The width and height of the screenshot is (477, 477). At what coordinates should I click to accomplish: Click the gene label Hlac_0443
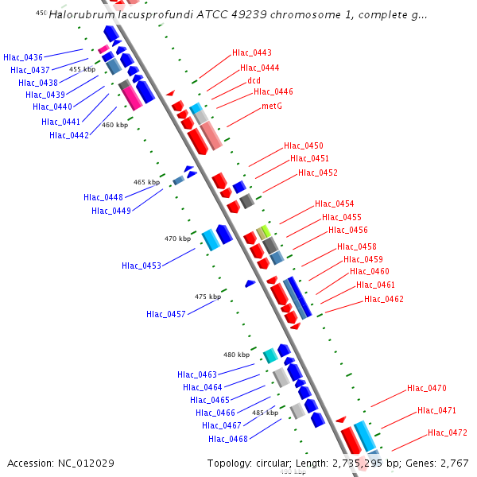tap(252, 53)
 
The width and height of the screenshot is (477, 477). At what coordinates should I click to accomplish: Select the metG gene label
tap(272, 106)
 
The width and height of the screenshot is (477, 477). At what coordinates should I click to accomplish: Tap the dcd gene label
tap(254, 80)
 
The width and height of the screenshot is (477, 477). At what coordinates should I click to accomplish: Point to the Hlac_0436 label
tap(23, 57)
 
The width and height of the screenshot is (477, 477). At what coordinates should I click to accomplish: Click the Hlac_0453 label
tap(142, 266)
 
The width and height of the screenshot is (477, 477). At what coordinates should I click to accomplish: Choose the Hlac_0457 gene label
tap(166, 314)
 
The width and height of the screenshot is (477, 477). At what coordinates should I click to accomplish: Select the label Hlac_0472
tap(448, 433)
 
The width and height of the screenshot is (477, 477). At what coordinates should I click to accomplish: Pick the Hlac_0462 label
tap(384, 300)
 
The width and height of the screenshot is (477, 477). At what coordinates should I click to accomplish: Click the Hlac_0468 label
tap(228, 439)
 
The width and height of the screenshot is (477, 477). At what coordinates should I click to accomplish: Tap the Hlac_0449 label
tap(111, 211)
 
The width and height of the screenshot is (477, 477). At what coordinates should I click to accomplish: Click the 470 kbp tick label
tap(177, 238)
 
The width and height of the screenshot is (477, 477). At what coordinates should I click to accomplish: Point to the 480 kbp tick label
tap(236, 355)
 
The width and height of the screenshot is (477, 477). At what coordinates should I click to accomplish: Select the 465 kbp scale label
tap(146, 182)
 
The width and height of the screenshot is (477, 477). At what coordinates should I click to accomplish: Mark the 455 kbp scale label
tap(82, 69)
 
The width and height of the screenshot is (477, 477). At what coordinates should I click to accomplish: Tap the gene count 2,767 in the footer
tap(455, 463)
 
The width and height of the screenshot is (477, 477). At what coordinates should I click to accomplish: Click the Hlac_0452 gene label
tap(318, 173)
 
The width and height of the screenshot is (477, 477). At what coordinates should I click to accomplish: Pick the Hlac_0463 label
tap(197, 374)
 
